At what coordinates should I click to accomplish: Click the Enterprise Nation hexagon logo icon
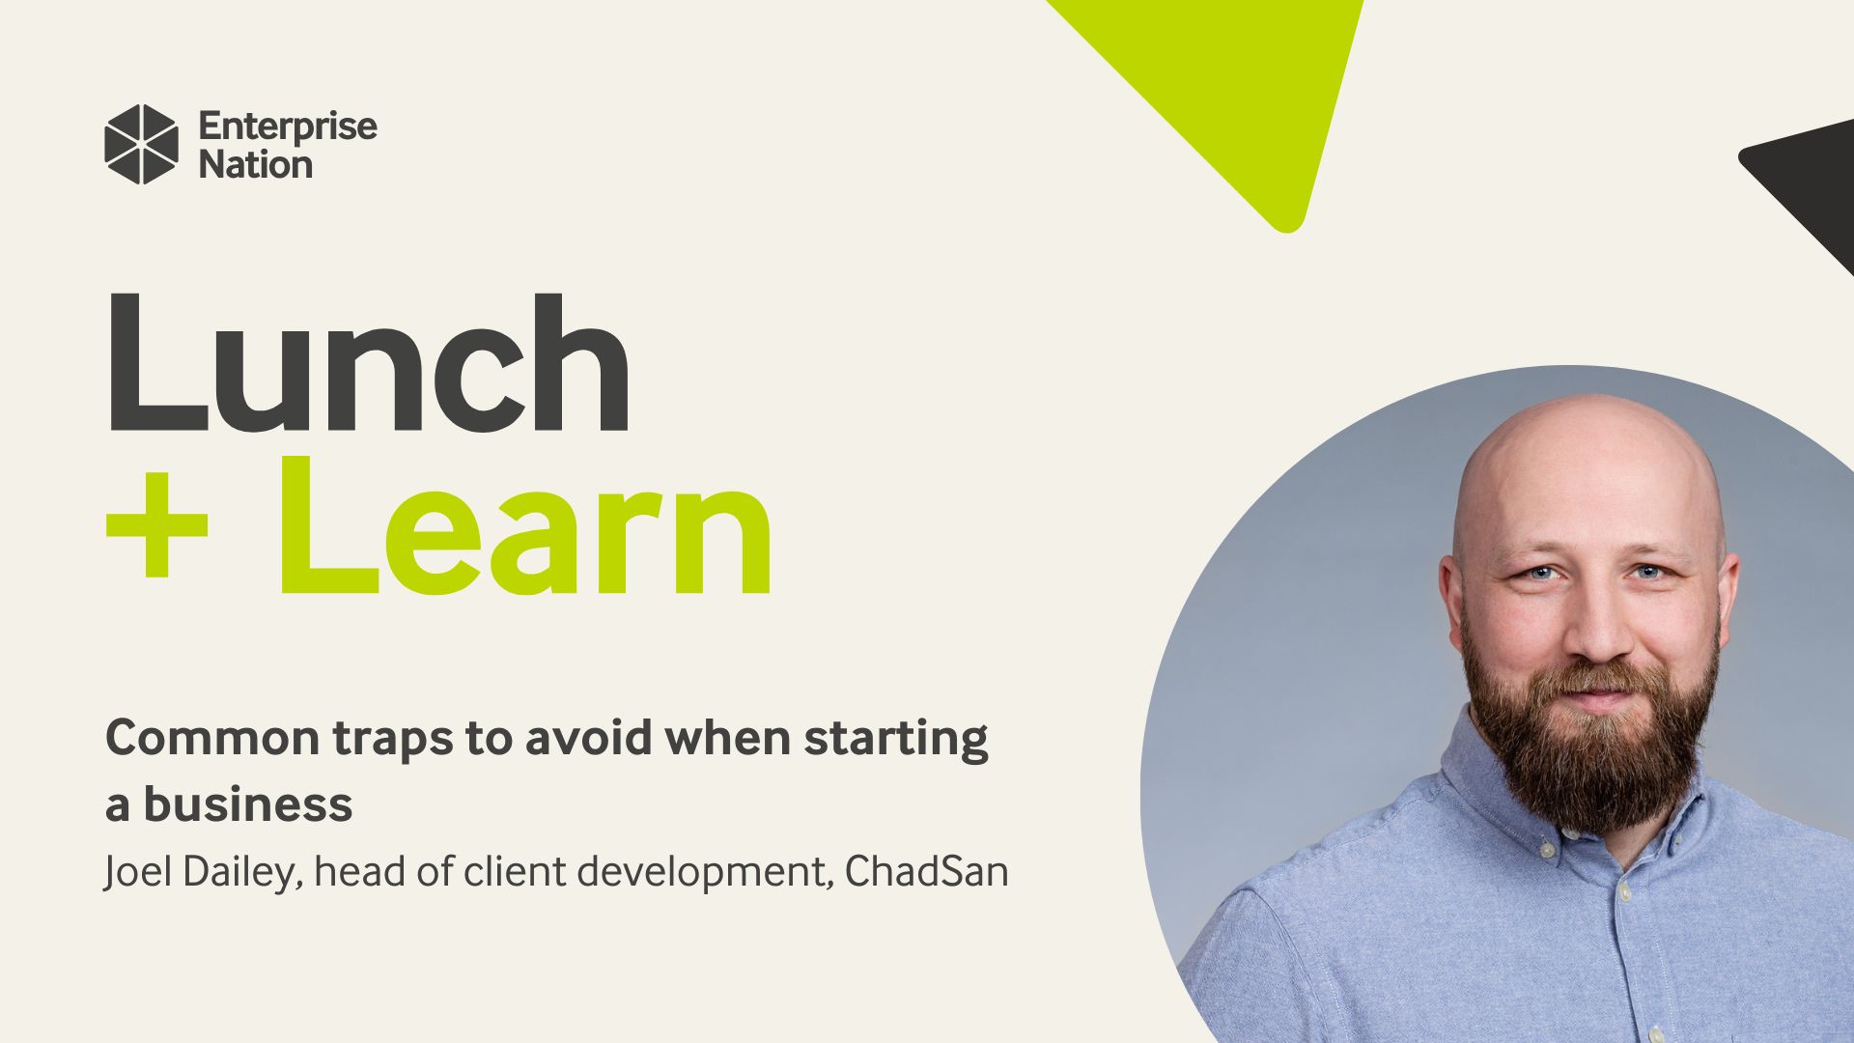(141, 145)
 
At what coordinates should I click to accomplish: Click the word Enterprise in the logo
(288, 127)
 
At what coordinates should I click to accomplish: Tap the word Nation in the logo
(256, 165)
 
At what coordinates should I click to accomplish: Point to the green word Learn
(526, 526)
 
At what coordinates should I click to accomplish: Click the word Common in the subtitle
(212, 738)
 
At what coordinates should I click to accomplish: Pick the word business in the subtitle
(248, 803)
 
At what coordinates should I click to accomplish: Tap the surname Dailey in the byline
(244, 873)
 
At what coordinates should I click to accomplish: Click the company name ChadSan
(927, 872)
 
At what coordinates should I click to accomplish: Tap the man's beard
(1593, 744)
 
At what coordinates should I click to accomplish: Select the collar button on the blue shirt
(1548, 852)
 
